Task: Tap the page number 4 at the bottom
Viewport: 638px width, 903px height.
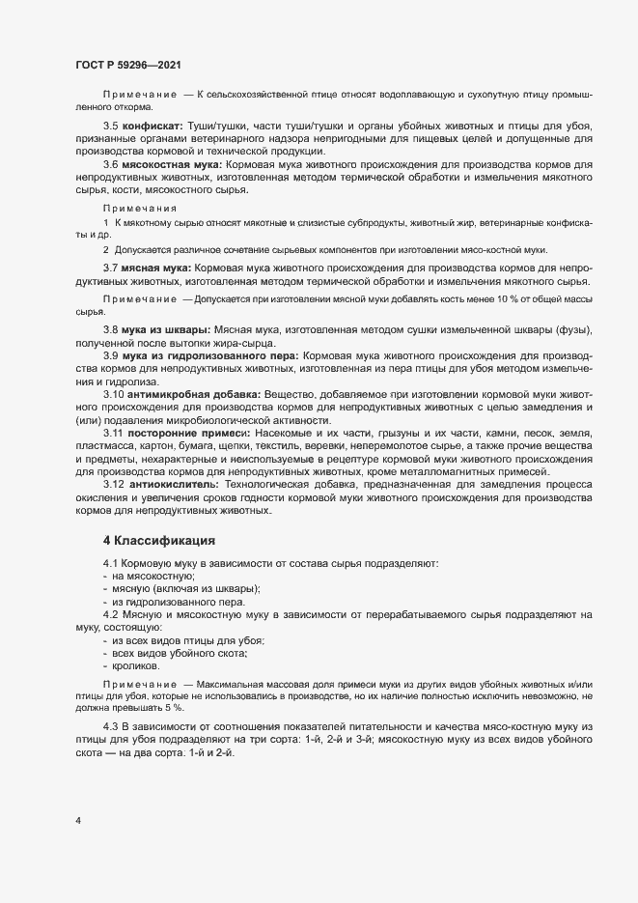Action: pyautogui.click(x=78, y=821)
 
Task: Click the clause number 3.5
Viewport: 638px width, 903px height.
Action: pyautogui.click(x=110, y=127)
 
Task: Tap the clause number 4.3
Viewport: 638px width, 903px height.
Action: pyautogui.click(x=110, y=725)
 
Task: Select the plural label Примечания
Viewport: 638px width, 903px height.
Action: pyautogui.click(x=140, y=208)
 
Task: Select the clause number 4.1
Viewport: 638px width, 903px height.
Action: pyautogui.click(x=110, y=562)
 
